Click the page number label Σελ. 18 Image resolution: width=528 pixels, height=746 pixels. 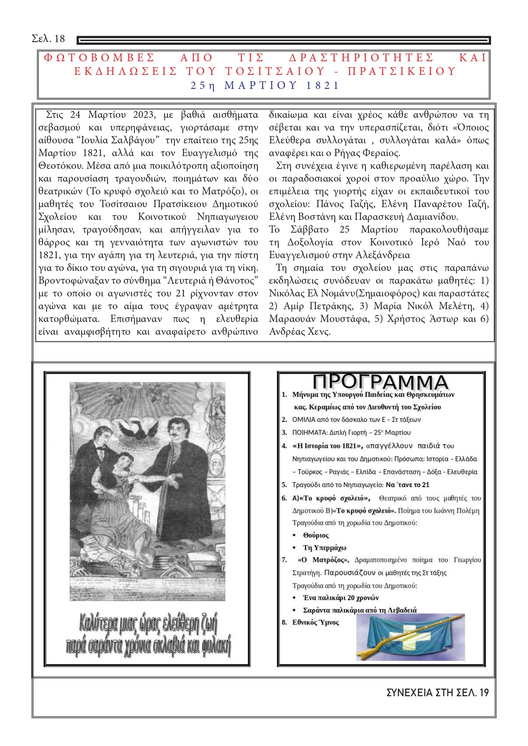click(x=48, y=39)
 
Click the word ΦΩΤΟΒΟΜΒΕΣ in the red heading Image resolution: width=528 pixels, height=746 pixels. click(x=99, y=58)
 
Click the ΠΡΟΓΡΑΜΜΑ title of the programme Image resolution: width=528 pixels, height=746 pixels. click(x=380, y=382)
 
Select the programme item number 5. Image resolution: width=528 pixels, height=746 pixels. click(x=284, y=485)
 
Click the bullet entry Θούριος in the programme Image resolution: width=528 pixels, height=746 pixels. click(x=316, y=535)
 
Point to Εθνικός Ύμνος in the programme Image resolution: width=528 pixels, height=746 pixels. click(x=316, y=623)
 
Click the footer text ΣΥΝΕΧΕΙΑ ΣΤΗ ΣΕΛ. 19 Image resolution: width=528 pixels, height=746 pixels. click(x=437, y=693)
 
